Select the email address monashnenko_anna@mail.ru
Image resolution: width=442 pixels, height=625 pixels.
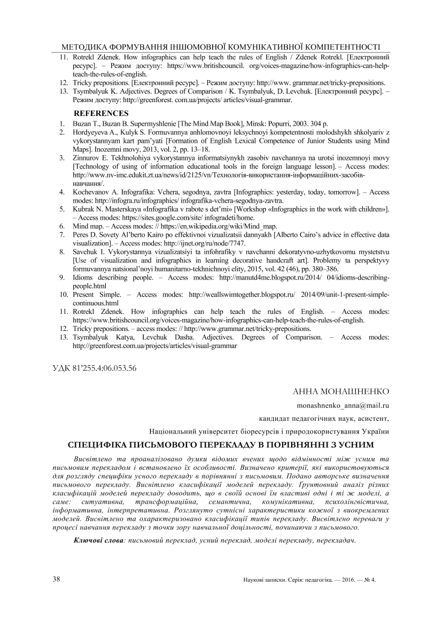[x=343, y=406]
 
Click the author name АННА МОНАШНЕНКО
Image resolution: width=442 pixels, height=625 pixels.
[x=341, y=392]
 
